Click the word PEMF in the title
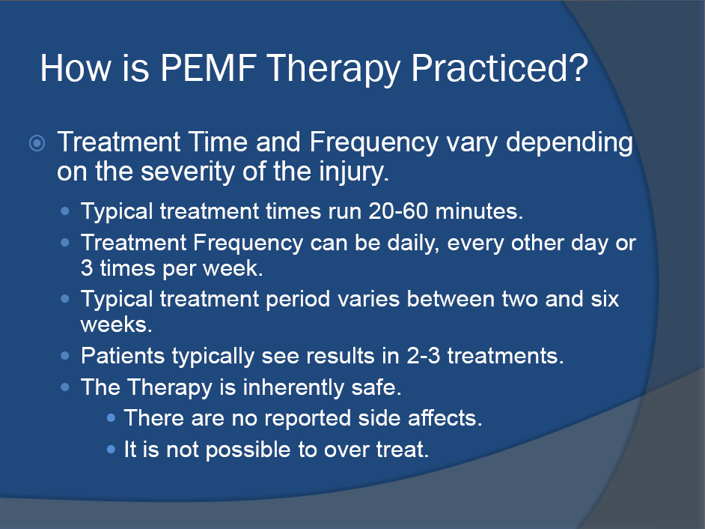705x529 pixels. (x=208, y=68)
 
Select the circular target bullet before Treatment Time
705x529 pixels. (x=37, y=143)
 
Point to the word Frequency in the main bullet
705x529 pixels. (x=373, y=144)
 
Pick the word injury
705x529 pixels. (x=353, y=172)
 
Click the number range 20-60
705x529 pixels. (x=398, y=211)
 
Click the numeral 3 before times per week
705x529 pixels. (x=87, y=268)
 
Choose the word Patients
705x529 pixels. (x=123, y=356)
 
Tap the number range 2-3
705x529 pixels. (x=423, y=356)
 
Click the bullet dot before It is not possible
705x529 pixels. (x=111, y=449)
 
